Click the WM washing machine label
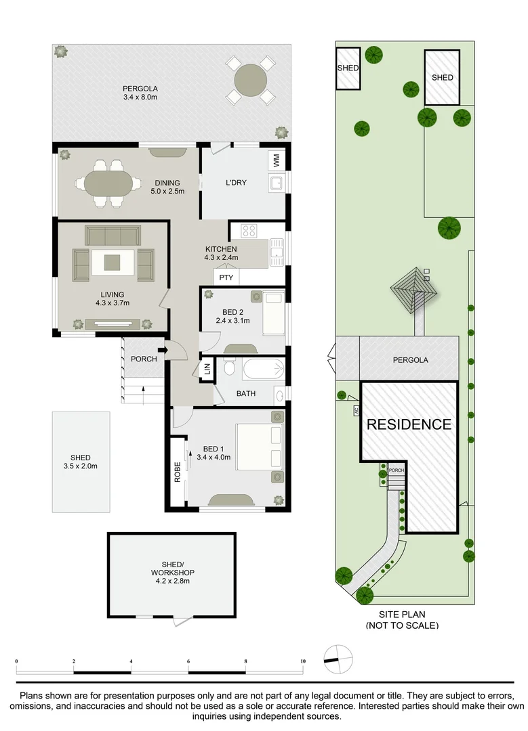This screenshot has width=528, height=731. click(276, 160)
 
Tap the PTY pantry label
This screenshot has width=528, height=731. click(226, 277)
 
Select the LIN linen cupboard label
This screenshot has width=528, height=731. click(207, 369)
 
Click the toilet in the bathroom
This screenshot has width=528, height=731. click(228, 368)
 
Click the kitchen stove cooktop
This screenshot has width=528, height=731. click(247, 230)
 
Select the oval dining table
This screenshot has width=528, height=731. click(108, 183)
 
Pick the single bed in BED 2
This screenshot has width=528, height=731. click(273, 312)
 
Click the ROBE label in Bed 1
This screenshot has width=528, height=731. click(178, 470)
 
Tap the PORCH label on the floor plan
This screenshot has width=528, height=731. click(144, 359)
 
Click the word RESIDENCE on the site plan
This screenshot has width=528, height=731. click(409, 425)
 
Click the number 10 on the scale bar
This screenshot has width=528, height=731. click(303, 661)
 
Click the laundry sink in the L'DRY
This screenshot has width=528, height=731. click(276, 183)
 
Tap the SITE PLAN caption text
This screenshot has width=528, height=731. click(402, 615)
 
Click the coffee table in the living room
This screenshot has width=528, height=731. click(113, 262)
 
